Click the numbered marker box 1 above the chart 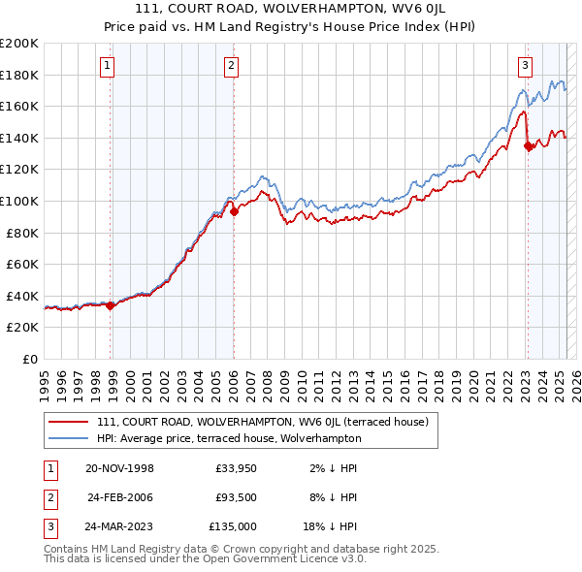coord(106,66)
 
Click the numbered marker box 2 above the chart coord(232,66)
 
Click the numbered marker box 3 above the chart coord(525,66)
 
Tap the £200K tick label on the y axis coord(19,44)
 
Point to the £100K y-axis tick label coord(19,201)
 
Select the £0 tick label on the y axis coord(30,359)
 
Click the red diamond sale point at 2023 coord(528,146)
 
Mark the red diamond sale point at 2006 coord(234,211)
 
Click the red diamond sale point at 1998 coord(111,305)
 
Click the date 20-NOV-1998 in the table coord(119,468)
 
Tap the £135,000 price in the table coord(232,526)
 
